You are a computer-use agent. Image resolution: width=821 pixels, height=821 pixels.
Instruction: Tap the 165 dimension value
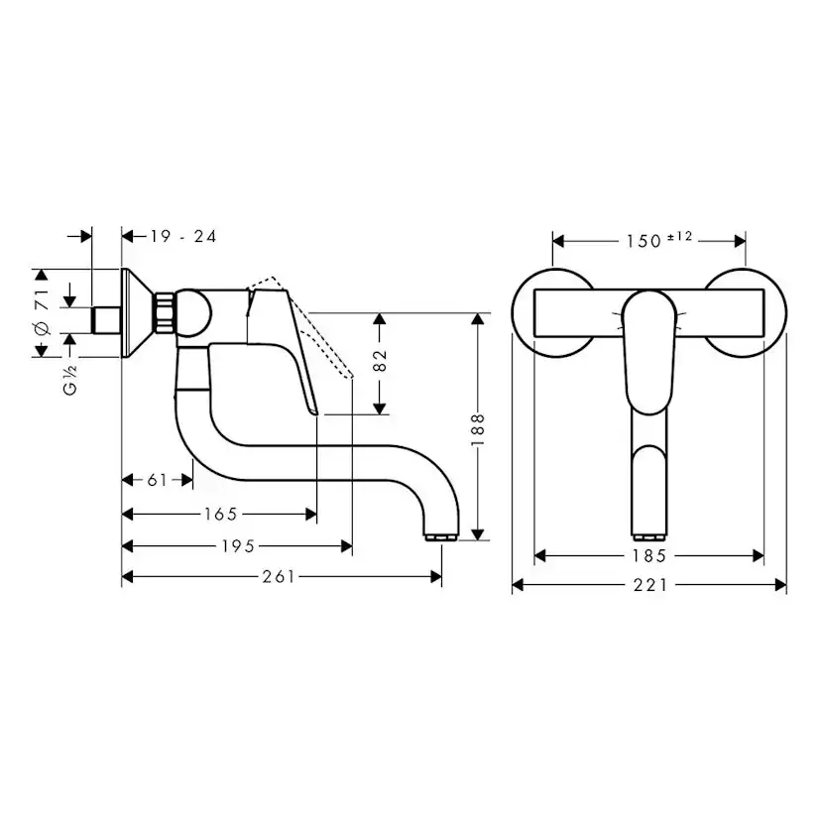[x=220, y=514]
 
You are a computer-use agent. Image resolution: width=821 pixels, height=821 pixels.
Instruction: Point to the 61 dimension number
[x=157, y=480]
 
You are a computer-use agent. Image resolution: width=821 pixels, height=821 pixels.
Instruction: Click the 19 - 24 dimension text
[x=183, y=236]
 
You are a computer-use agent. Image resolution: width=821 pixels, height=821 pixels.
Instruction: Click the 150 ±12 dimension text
[x=657, y=240]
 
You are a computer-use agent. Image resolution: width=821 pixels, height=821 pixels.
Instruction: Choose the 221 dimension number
[x=650, y=585]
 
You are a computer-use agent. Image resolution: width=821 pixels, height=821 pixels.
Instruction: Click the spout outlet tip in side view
[x=441, y=536]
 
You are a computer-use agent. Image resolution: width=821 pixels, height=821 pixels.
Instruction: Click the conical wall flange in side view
[x=136, y=312]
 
